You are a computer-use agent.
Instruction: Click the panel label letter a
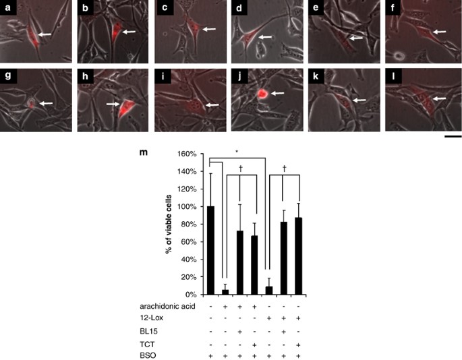(7, 7)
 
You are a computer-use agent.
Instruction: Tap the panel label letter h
(85, 76)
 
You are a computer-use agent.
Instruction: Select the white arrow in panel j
(278, 94)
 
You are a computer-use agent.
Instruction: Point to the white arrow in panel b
(129, 32)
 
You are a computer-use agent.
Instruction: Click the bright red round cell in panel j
(262, 94)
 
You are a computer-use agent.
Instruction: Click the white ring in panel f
(399, 55)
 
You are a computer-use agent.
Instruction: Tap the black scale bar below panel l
(453, 136)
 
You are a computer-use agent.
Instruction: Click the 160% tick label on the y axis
(187, 154)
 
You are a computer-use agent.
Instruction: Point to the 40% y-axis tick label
(188, 260)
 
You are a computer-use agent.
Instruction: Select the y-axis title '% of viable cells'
(169, 224)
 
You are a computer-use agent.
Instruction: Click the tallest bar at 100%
(210, 250)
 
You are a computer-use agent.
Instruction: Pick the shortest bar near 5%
(225, 292)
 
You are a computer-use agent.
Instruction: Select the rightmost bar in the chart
(299, 256)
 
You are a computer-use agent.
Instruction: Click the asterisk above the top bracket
(237, 152)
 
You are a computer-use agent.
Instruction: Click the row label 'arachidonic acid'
(167, 306)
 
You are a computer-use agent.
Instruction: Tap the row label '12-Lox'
(152, 318)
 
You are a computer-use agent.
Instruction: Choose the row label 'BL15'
(148, 332)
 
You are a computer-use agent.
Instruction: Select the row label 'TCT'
(147, 344)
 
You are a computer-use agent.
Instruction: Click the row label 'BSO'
(148, 355)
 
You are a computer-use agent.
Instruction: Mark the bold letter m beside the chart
(144, 152)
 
